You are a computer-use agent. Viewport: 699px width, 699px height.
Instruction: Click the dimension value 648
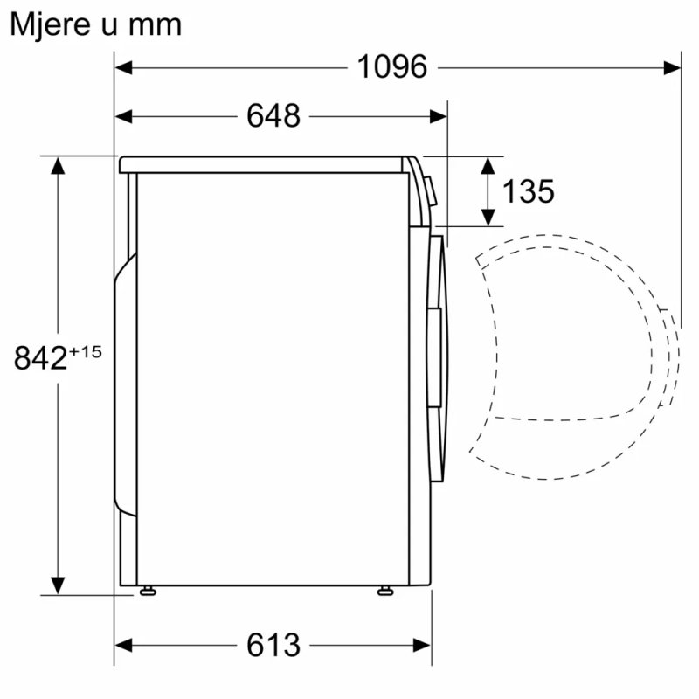click(x=273, y=115)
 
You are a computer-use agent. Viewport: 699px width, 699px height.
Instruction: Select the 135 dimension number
click(x=528, y=190)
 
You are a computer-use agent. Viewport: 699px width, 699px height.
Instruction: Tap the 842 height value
click(x=41, y=358)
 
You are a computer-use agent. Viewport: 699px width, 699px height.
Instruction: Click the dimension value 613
click(x=273, y=645)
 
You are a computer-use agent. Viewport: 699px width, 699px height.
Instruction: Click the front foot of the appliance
click(x=384, y=591)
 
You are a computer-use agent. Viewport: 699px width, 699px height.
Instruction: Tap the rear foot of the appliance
click(x=148, y=591)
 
